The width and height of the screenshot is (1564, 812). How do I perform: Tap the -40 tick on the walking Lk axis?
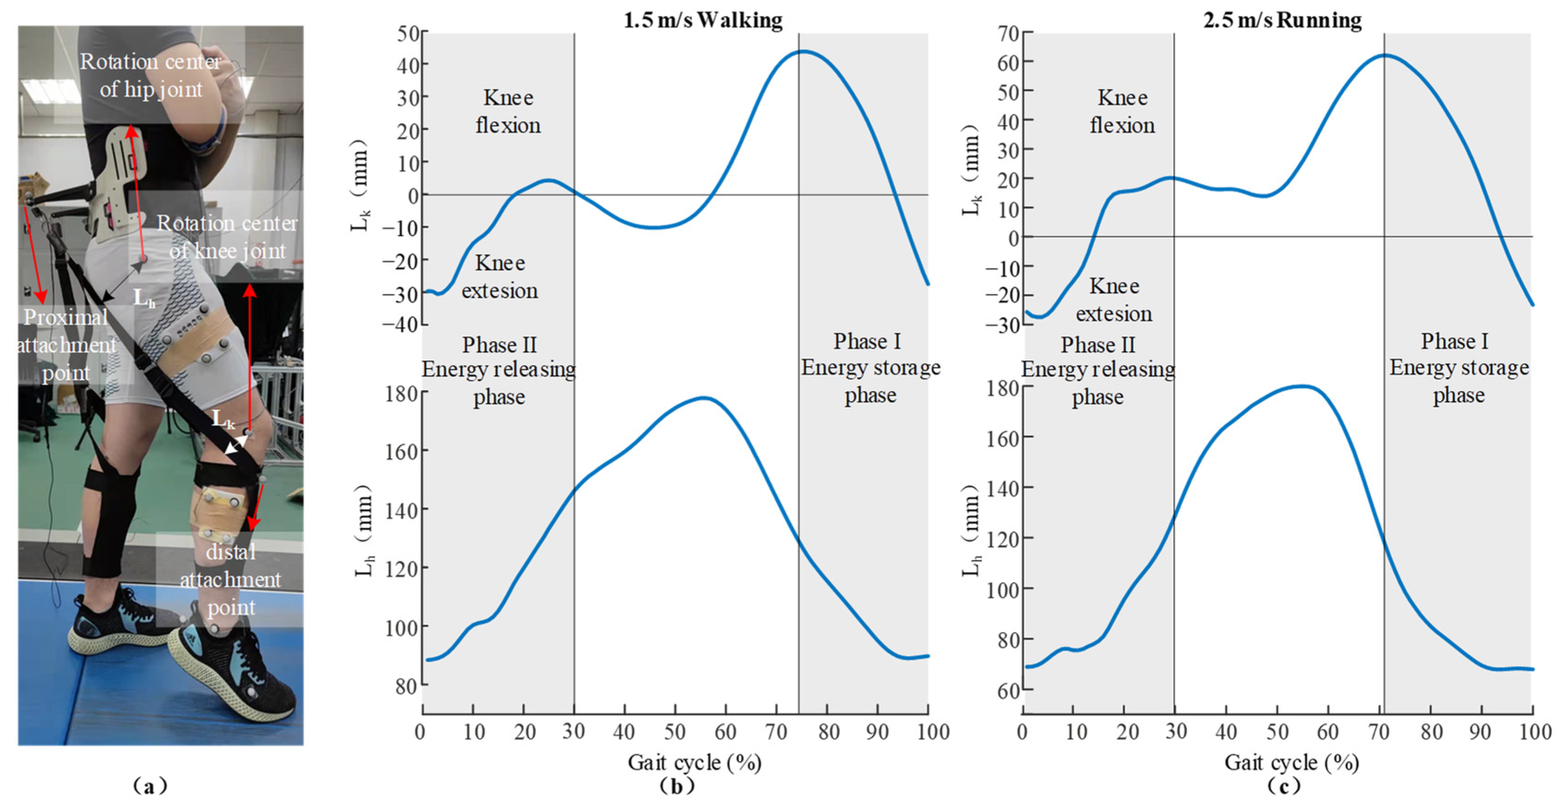(x=401, y=325)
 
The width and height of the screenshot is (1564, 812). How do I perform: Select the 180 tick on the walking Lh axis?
(x=401, y=394)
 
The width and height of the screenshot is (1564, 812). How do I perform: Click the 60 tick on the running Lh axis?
(x=1008, y=691)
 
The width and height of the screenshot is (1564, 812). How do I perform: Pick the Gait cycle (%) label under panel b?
(x=694, y=762)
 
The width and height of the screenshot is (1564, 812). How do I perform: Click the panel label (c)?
(x=1284, y=787)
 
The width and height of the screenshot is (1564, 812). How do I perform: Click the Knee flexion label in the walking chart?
(x=508, y=112)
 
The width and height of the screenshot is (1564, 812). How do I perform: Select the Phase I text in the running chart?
(x=1455, y=342)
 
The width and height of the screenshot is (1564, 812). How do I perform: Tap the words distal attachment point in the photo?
(x=231, y=579)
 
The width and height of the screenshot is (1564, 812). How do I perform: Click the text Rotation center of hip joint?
(x=151, y=75)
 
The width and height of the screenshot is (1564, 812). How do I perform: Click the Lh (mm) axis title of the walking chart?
(x=364, y=531)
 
